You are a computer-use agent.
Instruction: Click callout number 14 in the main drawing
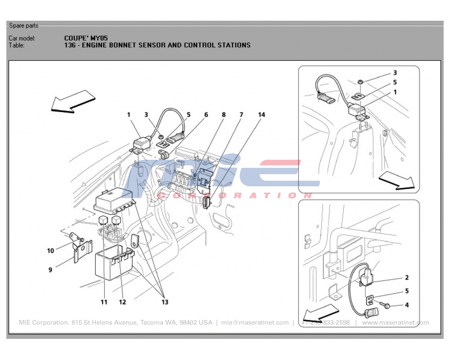point(261,115)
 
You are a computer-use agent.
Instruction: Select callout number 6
point(206,115)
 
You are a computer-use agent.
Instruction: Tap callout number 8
point(223,115)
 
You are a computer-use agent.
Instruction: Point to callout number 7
point(241,115)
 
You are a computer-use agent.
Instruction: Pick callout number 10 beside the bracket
point(50,251)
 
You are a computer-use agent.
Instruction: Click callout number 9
point(50,270)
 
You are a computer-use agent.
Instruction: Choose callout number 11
point(104,302)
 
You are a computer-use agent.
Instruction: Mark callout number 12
point(122,302)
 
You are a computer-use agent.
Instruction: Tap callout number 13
point(165,302)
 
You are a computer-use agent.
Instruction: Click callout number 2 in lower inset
point(407,278)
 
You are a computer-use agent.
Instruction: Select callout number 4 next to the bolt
point(407,305)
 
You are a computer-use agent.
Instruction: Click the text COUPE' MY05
point(86,38)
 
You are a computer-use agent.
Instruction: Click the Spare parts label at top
point(23,26)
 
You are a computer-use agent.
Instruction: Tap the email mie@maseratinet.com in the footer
point(255,323)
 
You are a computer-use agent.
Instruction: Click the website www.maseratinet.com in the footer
point(396,323)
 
